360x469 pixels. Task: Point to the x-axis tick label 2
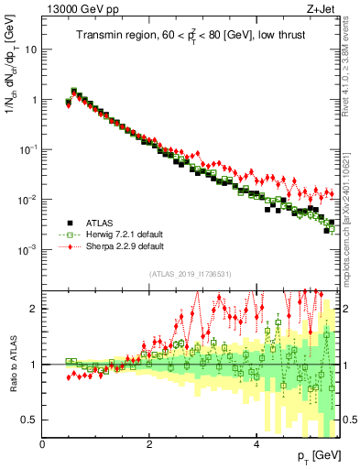pyautogui.click(x=149, y=442)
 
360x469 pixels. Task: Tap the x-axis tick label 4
pyautogui.click(x=256, y=442)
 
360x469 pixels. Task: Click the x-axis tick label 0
pyautogui.click(x=43, y=442)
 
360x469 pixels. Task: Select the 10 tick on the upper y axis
pyautogui.click(x=30, y=49)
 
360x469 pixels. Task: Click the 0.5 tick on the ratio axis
pyautogui.click(x=30, y=420)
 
